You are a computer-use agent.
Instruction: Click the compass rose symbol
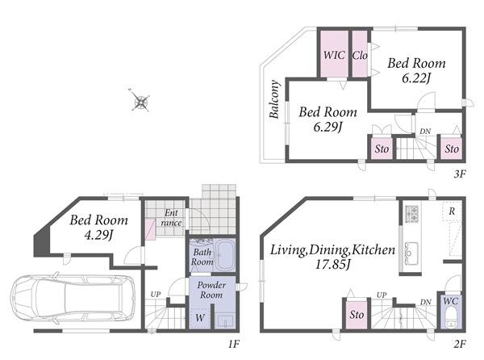click(140, 100)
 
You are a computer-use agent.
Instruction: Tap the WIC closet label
click(334, 55)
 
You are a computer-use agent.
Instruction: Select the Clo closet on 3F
click(360, 54)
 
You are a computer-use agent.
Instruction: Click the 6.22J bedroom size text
click(416, 78)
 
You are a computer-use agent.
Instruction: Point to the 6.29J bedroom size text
click(328, 127)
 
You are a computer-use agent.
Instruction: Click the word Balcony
click(274, 99)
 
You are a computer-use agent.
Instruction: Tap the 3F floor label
click(459, 174)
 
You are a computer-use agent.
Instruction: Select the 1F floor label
click(234, 344)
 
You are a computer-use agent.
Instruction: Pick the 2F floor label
click(460, 344)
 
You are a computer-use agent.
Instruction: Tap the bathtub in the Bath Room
click(225, 255)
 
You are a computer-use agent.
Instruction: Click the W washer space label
click(200, 317)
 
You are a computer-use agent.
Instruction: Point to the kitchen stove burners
click(411, 214)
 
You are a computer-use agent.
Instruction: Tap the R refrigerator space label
click(452, 211)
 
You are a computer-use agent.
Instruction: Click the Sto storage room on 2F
click(357, 314)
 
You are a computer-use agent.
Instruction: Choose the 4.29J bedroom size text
click(98, 235)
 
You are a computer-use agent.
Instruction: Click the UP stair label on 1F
click(156, 295)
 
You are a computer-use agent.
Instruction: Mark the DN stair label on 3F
click(425, 132)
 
